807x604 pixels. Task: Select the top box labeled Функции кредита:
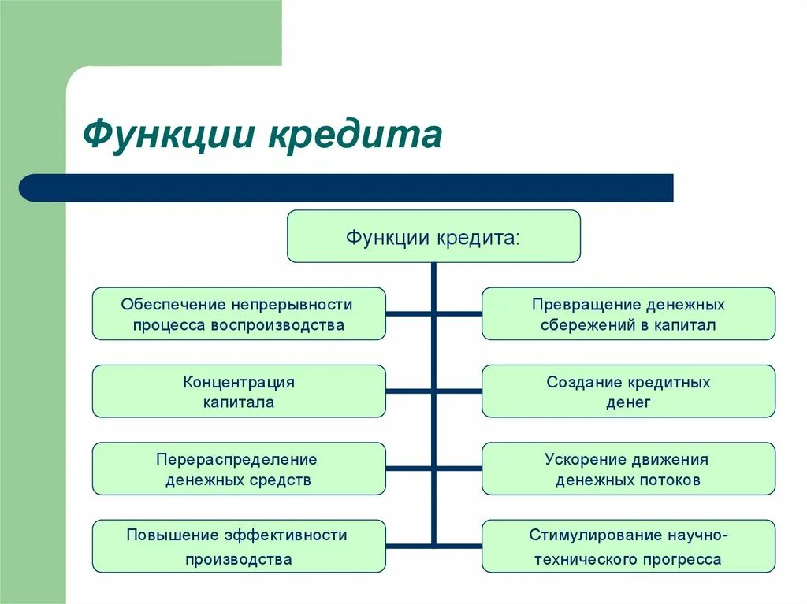(x=433, y=236)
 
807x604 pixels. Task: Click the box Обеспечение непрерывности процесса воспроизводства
(x=239, y=313)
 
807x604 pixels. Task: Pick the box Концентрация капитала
(x=239, y=391)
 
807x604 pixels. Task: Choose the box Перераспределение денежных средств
(x=239, y=468)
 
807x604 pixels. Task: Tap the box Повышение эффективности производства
(x=239, y=546)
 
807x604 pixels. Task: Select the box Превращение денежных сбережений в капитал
(x=628, y=313)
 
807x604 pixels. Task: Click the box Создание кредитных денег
(x=628, y=391)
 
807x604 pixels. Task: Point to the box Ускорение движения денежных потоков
(x=628, y=468)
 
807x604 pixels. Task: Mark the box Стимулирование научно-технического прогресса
(x=628, y=546)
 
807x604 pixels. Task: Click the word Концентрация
(x=239, y=383)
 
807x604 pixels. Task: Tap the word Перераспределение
(x=236, y=459)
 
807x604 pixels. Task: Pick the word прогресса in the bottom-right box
(x=683, y=560)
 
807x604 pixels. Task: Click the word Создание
(x=584, y=383)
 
